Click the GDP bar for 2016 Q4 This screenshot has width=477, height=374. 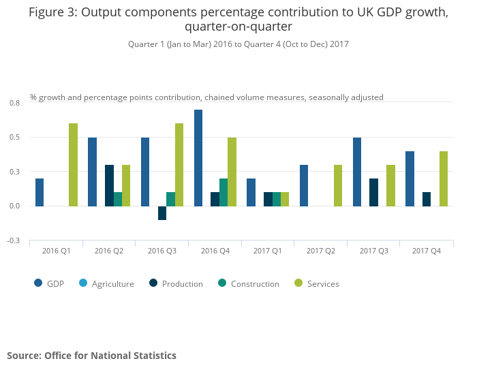[x=198, y=158]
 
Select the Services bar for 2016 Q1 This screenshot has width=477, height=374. [x=73, y=165]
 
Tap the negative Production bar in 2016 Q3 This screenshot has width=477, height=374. [x=162, y=213]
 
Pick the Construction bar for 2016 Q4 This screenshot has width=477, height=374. [x=224, y=192]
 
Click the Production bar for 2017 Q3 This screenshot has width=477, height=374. [x=374, y=192]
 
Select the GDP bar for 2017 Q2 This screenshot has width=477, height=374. [x=304, y=185]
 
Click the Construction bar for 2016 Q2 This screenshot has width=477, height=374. [x=118, y=199]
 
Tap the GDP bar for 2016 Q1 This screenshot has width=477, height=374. [x=40, y=192]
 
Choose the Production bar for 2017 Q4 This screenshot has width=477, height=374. [x=427, y=199]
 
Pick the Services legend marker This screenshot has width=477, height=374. [x=298, y=283]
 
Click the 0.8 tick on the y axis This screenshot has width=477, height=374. [x=14, y=103]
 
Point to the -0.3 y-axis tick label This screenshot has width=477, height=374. [x=14, y=240]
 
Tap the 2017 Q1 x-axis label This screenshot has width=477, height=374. [x=268, y=251]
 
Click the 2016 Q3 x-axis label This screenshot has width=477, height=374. [x=162, y=251]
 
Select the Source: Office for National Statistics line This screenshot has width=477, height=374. [x=91, y=356]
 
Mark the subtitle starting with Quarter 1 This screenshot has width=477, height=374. [x=238, y=44]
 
